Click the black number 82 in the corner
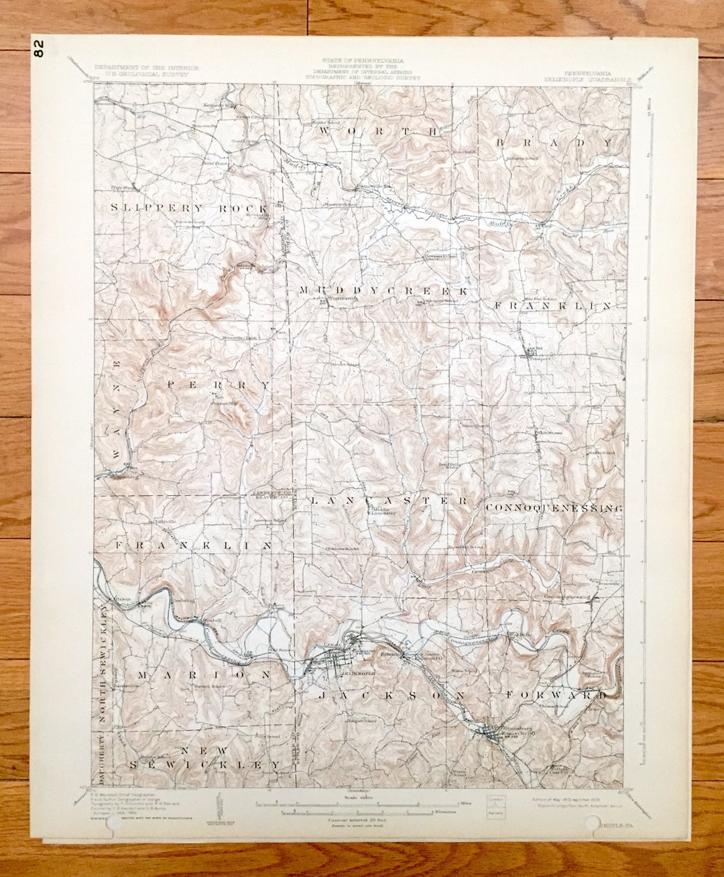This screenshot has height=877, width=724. [x=38, y=49]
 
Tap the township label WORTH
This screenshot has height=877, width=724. [x=379, y=131]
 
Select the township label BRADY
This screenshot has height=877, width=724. [x=554, y=142]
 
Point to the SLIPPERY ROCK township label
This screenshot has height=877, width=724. [x=189, y=209]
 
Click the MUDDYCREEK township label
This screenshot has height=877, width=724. [x=383, y=291]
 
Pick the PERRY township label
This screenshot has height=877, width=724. [x=219, y=385]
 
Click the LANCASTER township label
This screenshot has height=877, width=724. [x=389, y=501]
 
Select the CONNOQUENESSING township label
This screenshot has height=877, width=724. [x=554, y=508]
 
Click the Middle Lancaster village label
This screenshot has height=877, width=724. [x=380, y=511]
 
